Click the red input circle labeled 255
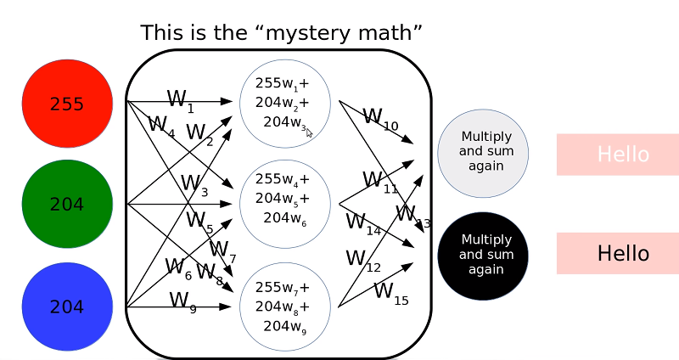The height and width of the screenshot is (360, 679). pyautogui.click(x=67, y=104)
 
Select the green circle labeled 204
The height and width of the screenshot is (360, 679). pyautogui.click(x=67, y=204)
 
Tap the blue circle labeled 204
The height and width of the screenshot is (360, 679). pyautogui.click(x=67, y=306)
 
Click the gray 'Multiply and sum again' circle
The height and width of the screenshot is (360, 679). pyautogui.click(x=482, y=151)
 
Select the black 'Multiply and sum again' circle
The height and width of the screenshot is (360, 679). pyautogui.click(x=482, y=255)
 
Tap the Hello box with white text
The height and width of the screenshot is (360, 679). pyautogui.click(x=618, y=155)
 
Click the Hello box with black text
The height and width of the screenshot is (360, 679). pyautogui.click(x=618, y=253)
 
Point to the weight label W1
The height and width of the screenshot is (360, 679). pyautogui.click(x=180, y=100)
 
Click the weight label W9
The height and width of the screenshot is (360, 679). pyautogui.click(x=182, y=301)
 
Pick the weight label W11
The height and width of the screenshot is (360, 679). pyautogui.click(x=379, y=181)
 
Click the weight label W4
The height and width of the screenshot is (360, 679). pyautogui.click(x=160, y=126)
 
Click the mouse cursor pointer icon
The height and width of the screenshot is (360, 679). pyautogui.click(x=310, y=132)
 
